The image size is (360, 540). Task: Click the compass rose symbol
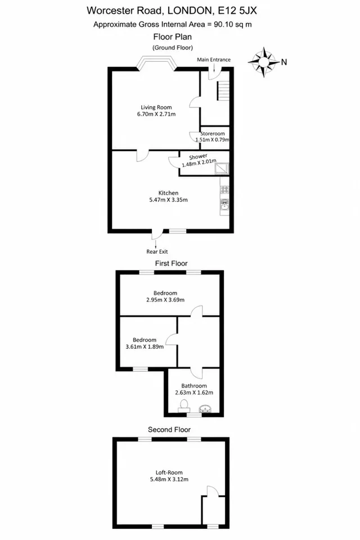(x=264, y=62)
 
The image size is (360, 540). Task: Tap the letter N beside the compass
(x=284, y=62)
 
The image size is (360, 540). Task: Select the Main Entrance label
(x=214, y=60)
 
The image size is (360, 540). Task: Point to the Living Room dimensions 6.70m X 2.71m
(x=156, y=114)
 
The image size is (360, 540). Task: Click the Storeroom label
(x=213, y=133)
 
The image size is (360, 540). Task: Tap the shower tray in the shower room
(x=221, y=168)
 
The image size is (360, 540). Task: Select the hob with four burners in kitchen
(x=224, y=190)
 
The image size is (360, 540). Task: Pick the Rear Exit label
(x=157, y=252)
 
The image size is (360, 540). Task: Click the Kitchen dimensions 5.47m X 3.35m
(x=168, y=200)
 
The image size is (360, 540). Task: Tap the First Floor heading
(x=171, y=263)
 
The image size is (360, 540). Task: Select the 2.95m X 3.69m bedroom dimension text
(x=165, y=300)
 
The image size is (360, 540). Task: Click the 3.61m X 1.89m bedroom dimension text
(x=145, y=347)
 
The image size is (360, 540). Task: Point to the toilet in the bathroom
(x=184, y=406)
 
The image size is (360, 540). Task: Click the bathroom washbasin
(x=205, y=408)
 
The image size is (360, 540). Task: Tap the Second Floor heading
(x=169, y=430)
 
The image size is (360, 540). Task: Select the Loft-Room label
(x=169, y=472)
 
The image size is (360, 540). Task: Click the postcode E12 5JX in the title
(x=238, y=11)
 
